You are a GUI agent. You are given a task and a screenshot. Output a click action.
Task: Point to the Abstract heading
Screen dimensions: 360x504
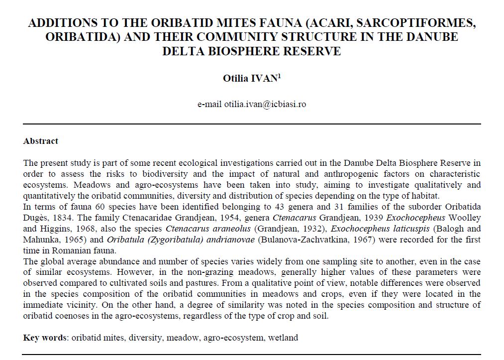point(41,141)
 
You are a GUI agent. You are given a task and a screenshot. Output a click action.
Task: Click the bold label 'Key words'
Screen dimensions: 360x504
point(45,338)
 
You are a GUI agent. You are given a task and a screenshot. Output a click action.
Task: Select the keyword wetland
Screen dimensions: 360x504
point(284,338)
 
